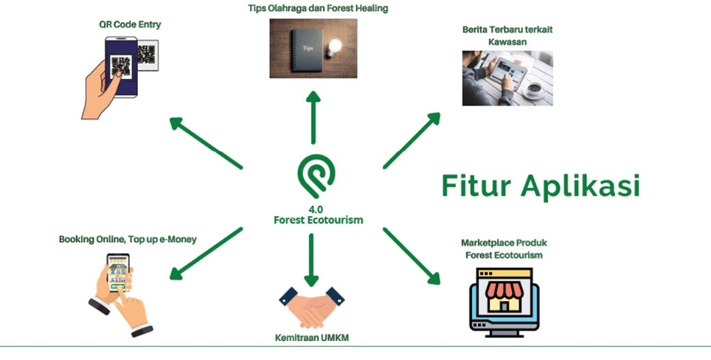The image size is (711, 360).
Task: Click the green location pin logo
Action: (x=315, y=175)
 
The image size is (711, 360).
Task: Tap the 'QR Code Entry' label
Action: (x=131, y=24)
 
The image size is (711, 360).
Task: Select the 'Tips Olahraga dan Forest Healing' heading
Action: (x=318, y=8)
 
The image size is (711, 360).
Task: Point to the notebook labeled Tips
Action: (x=304, y=49)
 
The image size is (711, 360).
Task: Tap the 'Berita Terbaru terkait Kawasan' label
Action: (x=507, y=35)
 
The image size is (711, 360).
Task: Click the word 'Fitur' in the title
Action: (x=479, y=184)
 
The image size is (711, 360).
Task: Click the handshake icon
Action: (x=312, y=308)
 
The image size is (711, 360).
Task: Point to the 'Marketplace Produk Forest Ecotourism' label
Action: (x=504, y=248)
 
